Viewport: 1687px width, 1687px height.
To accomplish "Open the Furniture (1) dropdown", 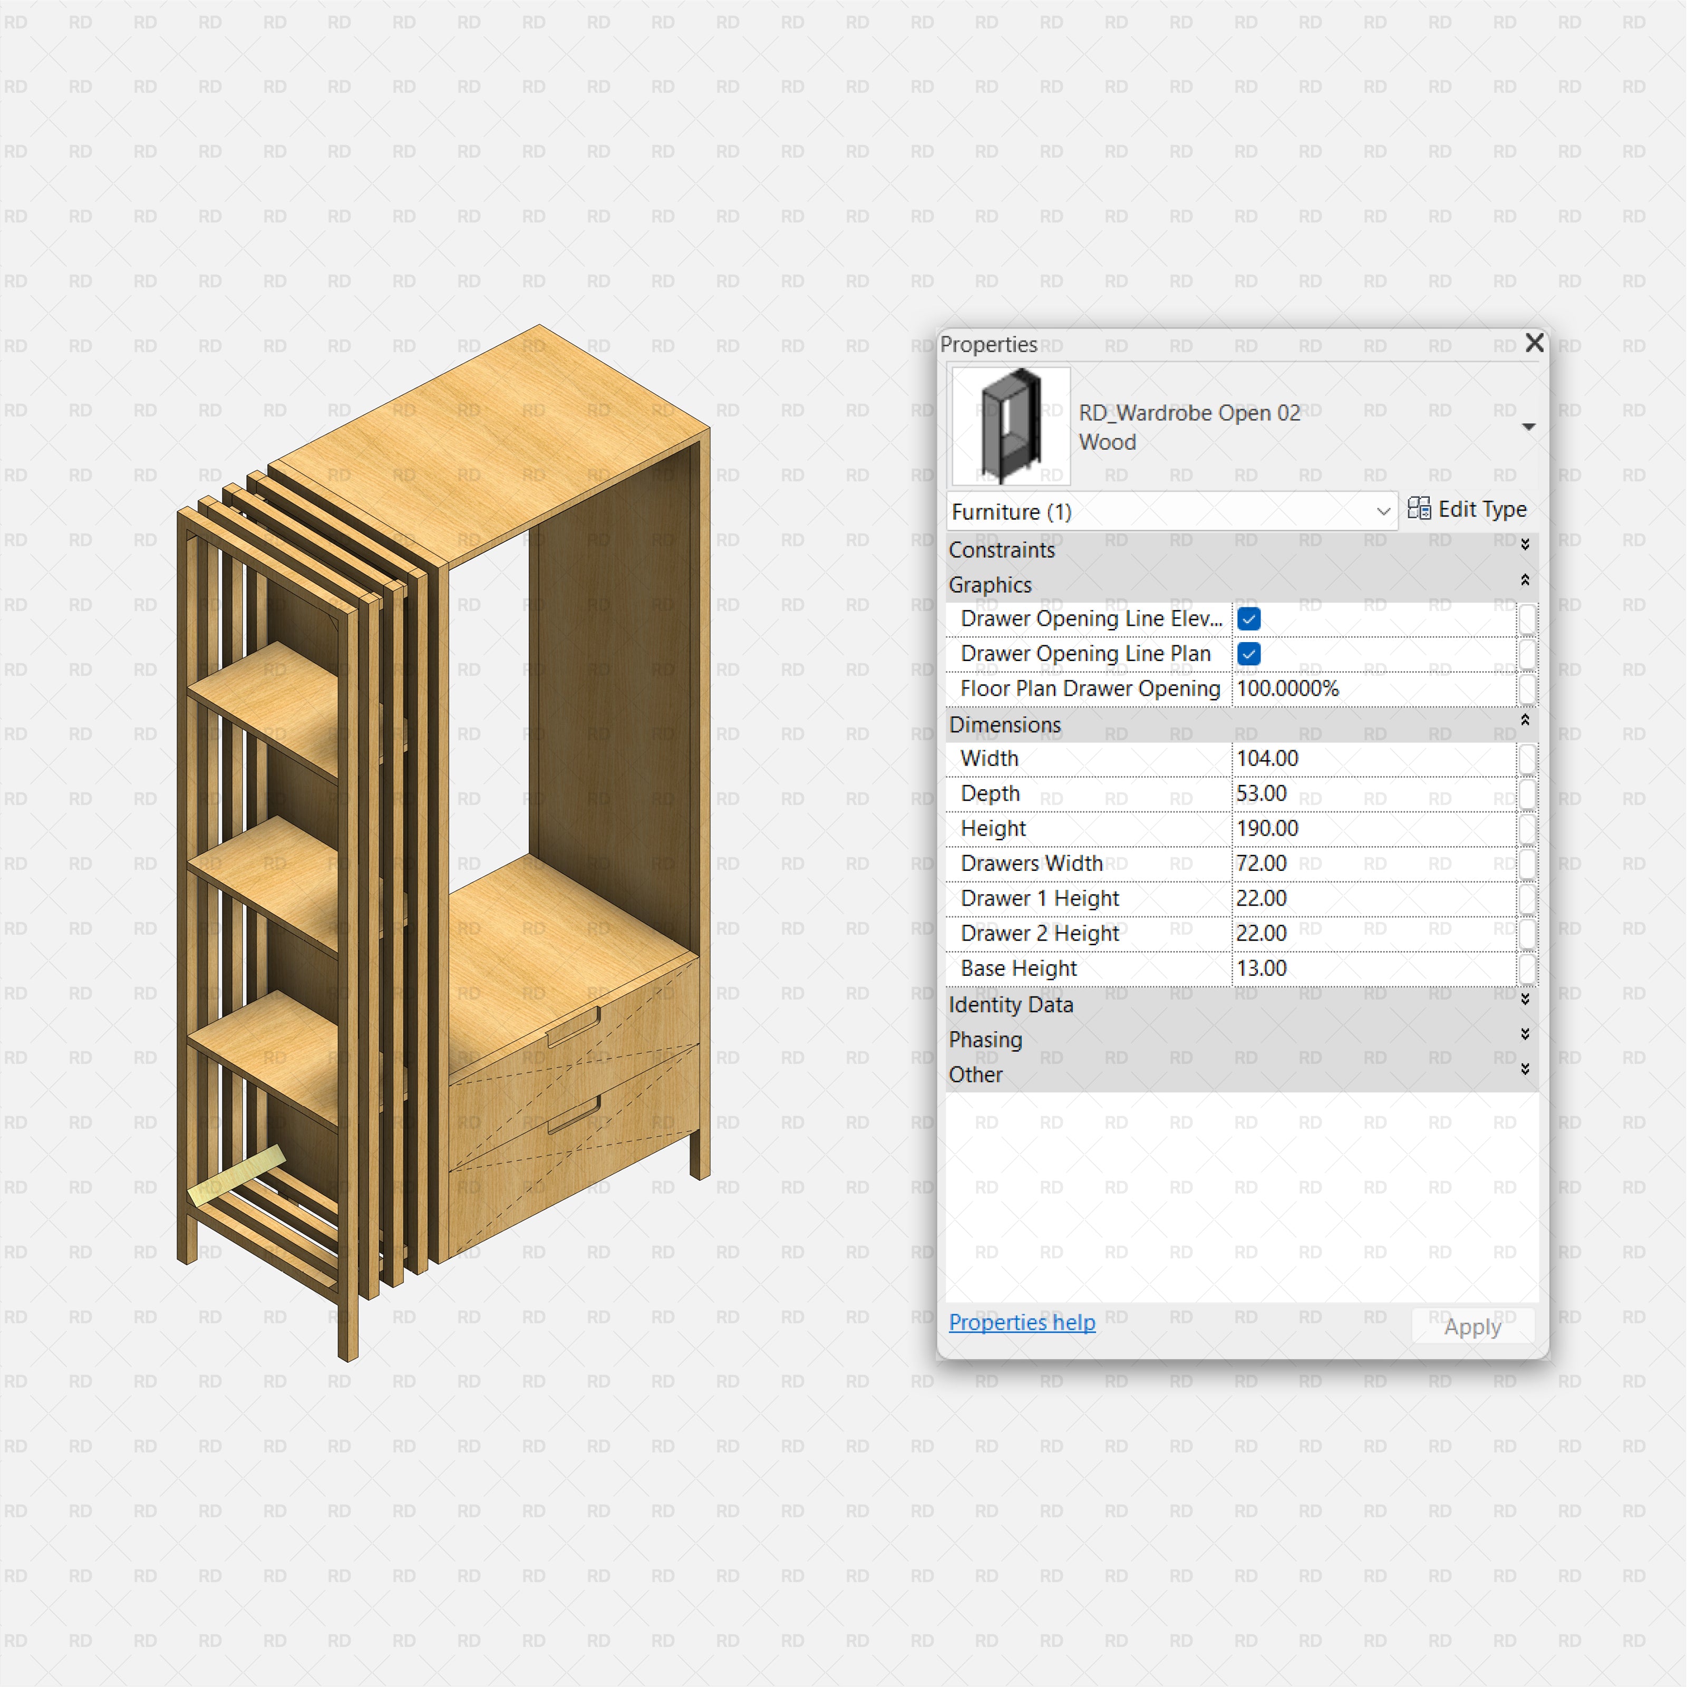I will point(1170,512).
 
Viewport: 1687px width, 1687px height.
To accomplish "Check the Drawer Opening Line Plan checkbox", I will point(1249,654).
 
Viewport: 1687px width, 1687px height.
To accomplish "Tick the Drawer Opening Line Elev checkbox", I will point(1249,619).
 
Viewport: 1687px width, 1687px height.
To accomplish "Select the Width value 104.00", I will point(1268,759).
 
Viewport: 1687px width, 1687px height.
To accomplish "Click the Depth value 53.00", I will point(1262,794).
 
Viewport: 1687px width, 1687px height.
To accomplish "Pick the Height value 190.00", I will point(1268,829).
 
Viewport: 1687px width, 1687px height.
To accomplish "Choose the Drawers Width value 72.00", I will point(1262,864).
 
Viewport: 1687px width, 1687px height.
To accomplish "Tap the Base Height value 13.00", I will point(1262,968).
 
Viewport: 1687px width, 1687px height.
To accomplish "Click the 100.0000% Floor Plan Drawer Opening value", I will point(1288,689).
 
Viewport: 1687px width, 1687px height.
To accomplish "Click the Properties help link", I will point(1022,1323).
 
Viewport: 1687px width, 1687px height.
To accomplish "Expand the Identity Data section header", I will point(1011,1005).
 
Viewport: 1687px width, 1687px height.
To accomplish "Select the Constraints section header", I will point(1002,550).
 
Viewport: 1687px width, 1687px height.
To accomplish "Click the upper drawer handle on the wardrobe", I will point(573,1027).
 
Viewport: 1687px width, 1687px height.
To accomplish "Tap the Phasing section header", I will point(986,1040).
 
